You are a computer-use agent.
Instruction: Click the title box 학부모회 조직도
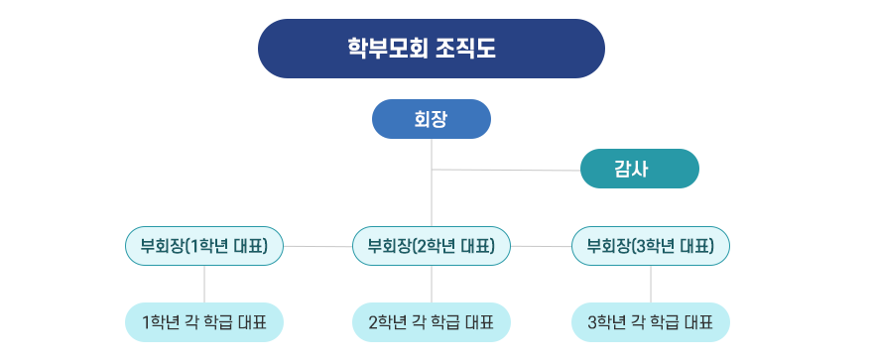coord(431,49)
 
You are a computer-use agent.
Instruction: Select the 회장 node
coord(431,119)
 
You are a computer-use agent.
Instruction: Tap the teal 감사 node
coord(639,169)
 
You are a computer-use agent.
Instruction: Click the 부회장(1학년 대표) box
coord(204,246)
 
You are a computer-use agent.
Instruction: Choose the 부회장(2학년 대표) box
coord(432,246)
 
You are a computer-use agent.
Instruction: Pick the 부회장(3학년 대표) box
coord(651,246)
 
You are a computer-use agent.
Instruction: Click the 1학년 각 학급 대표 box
coord(204,322)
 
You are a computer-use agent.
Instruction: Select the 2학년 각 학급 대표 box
coord(432,322)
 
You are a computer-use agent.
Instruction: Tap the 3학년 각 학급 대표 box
coord(651,322)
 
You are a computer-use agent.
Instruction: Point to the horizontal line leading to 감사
coord(506,171)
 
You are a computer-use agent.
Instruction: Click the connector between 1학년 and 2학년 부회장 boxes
coord(317,246)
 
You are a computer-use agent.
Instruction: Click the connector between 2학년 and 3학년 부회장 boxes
coord(542,246)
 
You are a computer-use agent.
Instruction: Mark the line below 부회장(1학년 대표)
coord(204,284)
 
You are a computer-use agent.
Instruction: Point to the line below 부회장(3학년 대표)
coord(651,284)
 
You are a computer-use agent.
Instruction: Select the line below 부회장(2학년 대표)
coord(432,284)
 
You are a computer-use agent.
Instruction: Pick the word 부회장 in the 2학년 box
coord(388,246)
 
